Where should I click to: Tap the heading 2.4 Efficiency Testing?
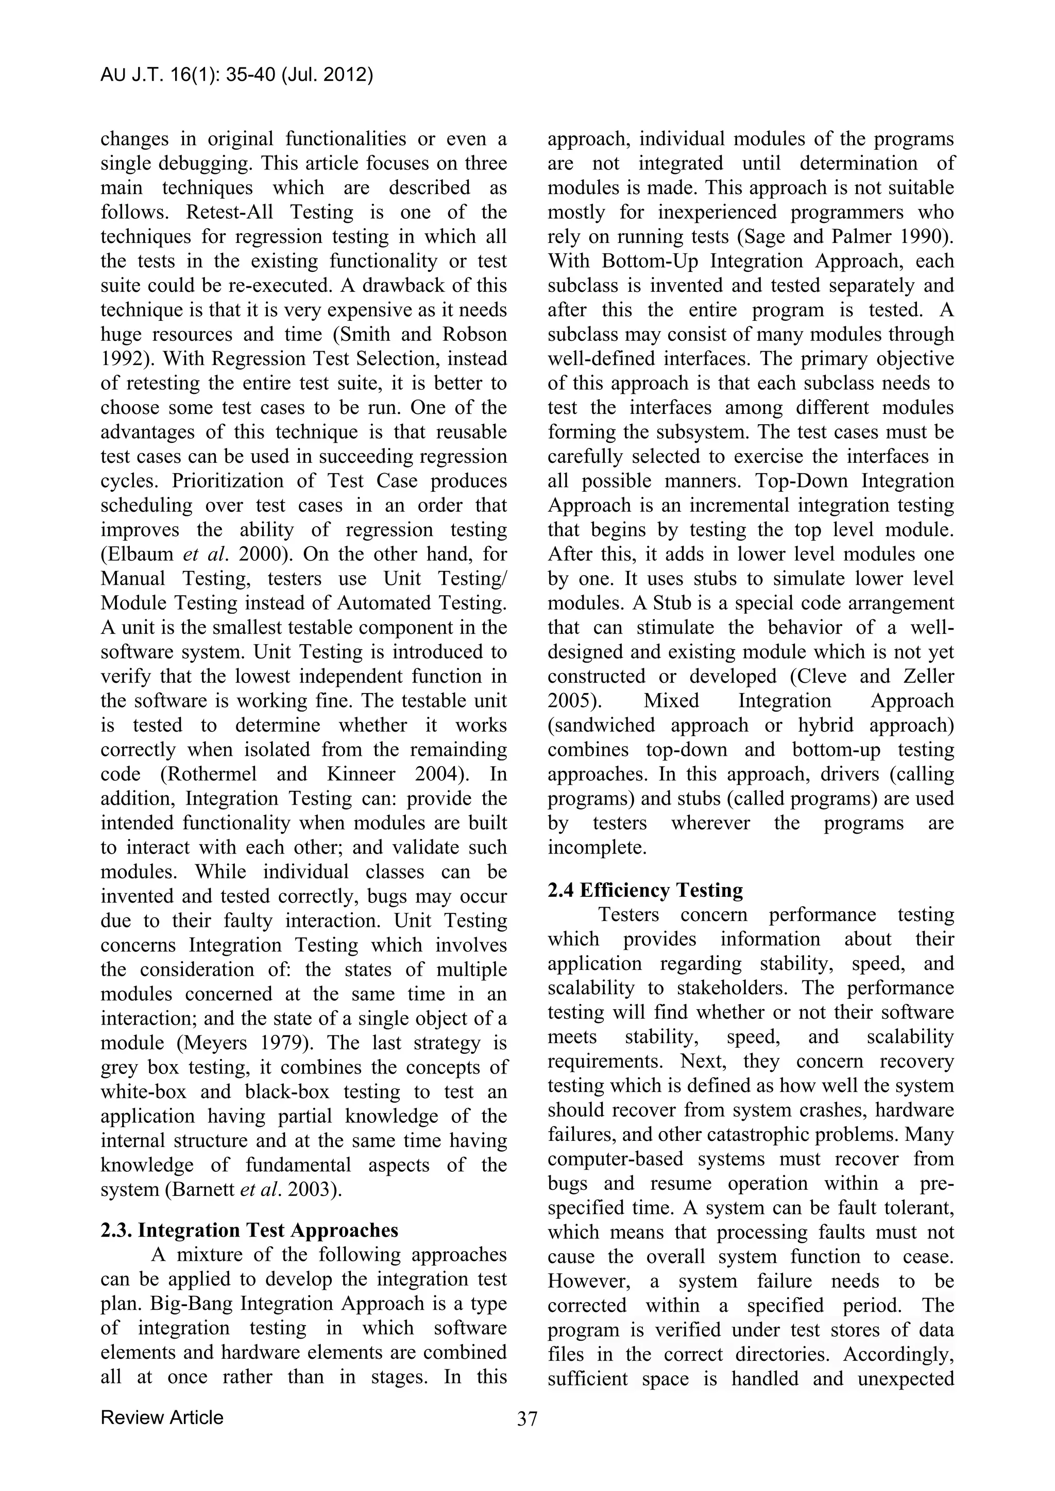645,890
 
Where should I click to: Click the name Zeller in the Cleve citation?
928,676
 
